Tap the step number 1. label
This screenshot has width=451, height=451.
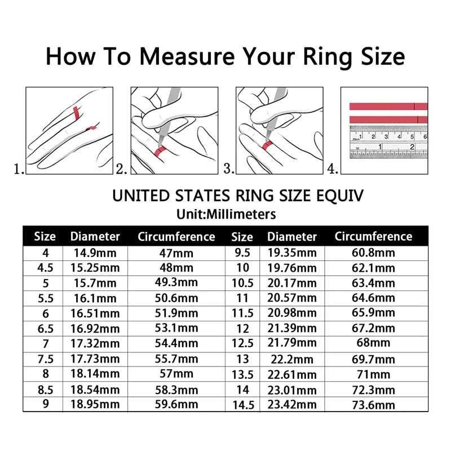[19, 169]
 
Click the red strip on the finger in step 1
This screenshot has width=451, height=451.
[74, 112]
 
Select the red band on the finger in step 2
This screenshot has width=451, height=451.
[158, 150]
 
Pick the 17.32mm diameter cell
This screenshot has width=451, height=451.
[95, 343]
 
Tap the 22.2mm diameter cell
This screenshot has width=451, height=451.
[292, 359]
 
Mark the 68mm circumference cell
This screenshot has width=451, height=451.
[373, 343]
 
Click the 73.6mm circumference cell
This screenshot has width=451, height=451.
[373, 404]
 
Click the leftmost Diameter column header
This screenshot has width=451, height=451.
[95, 236]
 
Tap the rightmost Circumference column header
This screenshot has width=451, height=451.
[373, 236]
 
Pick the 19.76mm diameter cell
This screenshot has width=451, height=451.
[292, 268]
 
